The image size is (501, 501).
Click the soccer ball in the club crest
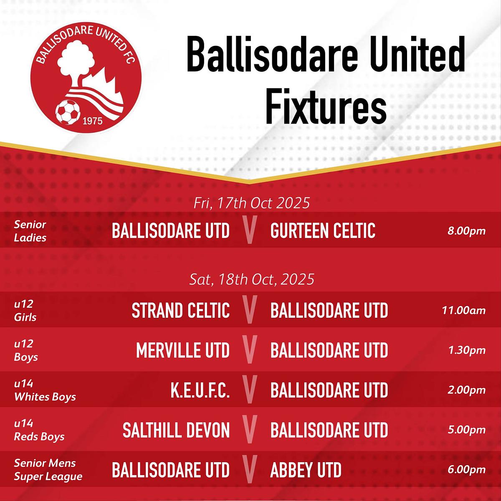68,112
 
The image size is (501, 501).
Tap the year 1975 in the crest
92,121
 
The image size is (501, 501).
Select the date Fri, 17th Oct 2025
252,203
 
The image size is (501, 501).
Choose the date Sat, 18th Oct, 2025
252,279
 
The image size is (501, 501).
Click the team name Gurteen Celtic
323,230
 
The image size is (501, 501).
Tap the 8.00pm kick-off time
466,231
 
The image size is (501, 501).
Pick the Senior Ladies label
30,231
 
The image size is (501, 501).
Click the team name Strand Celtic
181,311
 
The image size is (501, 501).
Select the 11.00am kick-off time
464,311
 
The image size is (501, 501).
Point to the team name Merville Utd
183,350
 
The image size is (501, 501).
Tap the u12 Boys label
26,350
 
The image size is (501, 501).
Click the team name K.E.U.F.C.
200,390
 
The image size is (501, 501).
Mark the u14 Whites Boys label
45,390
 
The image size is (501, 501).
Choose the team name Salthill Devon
176,430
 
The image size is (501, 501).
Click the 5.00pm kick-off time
466,430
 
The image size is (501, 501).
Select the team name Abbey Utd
306,470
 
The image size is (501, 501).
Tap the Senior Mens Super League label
48,470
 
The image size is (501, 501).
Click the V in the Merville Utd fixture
250,349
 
